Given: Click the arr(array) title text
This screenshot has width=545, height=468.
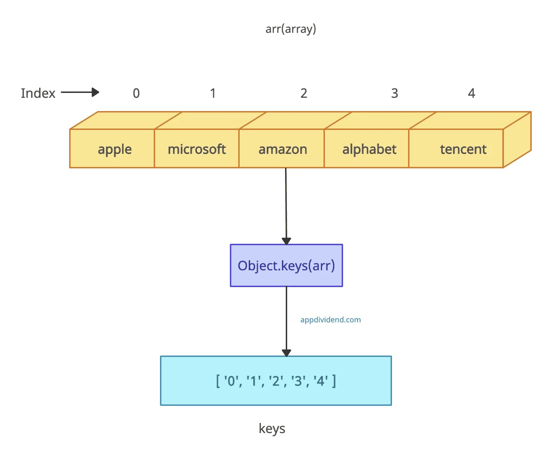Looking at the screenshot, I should [x=291, y=29].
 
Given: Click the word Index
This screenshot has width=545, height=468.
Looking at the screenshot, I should [x=38, y=93].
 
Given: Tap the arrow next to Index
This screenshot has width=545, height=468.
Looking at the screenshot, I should [x=80, y=93].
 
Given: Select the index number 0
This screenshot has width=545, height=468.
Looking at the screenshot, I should [x=136, y=93].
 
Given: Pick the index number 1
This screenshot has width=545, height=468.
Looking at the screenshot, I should [x=213, y=93].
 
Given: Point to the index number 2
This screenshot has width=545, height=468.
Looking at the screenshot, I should [x=304, y=93].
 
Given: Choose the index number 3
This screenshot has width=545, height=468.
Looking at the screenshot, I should [x=394, y=93].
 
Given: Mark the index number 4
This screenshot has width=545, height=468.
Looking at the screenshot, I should [x=471, y=93].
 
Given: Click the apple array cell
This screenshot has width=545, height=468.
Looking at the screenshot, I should [x=115, y=149].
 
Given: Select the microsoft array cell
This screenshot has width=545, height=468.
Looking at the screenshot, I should [x=197, y=149].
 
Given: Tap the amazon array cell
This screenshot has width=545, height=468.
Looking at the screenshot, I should [x=283, y=149].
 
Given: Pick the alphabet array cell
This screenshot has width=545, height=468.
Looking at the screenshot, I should [x=369, y=149].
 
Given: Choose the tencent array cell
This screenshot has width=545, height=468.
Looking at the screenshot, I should [x=463, y=149].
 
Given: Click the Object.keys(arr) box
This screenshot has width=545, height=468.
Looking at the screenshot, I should [x=286, y=265].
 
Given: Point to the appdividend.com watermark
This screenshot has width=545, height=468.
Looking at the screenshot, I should [x=330, y=320].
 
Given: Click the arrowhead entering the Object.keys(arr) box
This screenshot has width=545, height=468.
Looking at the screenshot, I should [x=286, y=241].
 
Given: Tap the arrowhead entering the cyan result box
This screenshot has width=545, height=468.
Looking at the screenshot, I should [x=286, y=353].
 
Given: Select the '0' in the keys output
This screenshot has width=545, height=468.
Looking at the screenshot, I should [x=231, y=381].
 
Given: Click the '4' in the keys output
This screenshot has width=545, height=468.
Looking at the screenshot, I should [x=321, y=381].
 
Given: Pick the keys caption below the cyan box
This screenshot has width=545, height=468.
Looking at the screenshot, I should [x=272, y=429].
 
